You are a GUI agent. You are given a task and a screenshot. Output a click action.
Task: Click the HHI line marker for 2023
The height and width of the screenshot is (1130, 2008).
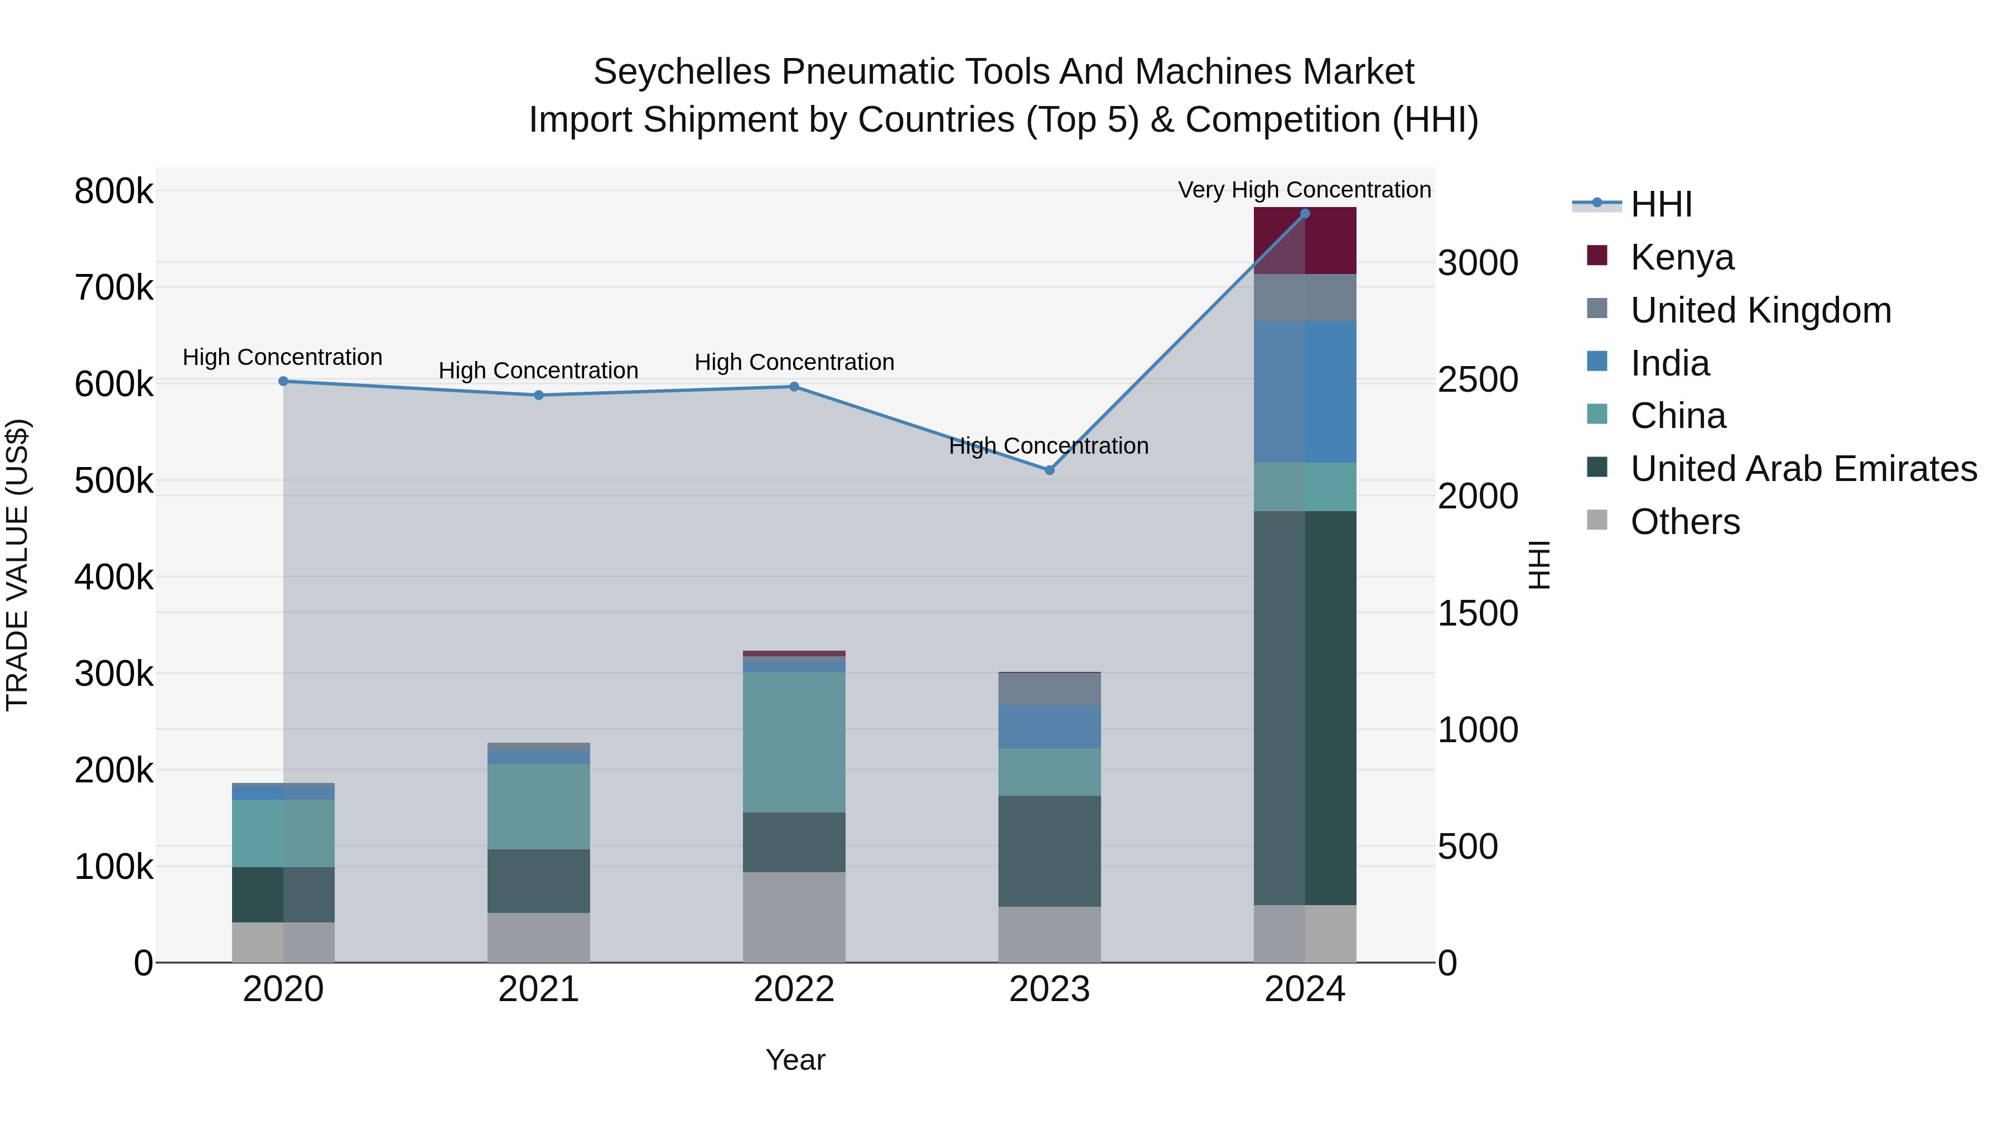pos(1049,470)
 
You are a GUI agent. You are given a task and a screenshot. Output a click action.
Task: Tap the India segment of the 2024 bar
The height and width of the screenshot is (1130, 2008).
pos(1305,392)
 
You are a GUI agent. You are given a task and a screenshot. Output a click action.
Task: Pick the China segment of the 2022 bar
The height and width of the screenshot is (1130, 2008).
pos(794,742)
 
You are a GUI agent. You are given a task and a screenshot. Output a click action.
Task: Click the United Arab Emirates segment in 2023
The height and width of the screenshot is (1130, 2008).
pos(1049,851)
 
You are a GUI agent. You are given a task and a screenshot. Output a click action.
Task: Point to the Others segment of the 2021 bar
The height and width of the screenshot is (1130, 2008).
pos(539,937)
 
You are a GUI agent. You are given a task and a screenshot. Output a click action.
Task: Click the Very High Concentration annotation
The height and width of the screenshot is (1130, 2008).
pos(1304,190)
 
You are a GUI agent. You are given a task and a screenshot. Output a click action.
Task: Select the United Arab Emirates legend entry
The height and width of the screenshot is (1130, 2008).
pos(1803,469)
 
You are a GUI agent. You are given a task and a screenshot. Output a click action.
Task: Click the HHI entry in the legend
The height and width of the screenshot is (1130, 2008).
pos(1661,204)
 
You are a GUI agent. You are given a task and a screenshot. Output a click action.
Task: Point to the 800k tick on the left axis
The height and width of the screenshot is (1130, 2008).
pos(114,191)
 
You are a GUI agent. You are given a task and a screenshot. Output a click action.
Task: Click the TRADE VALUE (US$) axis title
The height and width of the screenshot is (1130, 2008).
pos(17,565)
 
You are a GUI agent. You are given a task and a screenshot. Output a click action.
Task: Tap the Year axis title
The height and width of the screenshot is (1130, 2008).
pos(795,1060)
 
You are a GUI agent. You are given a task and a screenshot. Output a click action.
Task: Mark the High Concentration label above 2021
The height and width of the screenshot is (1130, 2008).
pos(539,371)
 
